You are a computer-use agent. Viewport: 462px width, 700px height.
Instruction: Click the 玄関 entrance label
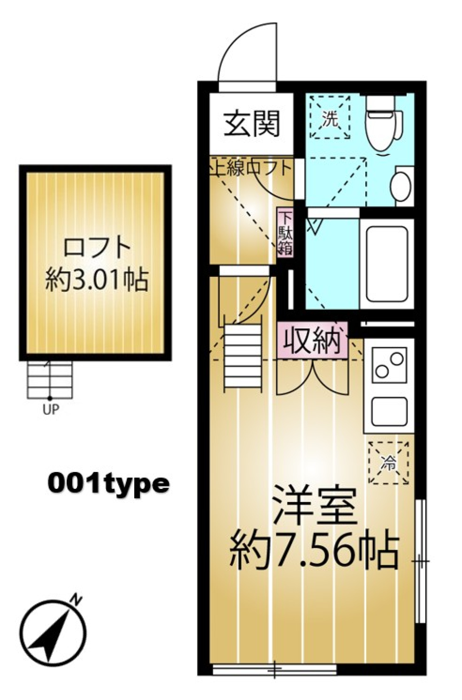click(252, 124)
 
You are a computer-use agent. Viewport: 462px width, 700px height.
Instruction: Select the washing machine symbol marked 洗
click(330, 118)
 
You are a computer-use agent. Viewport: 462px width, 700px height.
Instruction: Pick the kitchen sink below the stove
click(389, 412)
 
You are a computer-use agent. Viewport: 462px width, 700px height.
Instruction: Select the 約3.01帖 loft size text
click(96, 280)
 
